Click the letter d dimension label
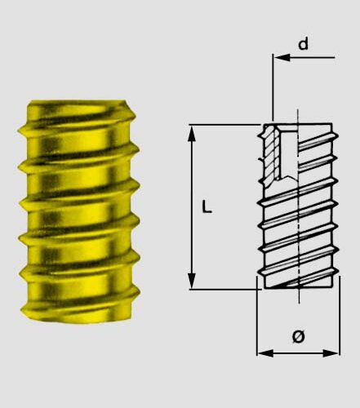click(x=303, y=44)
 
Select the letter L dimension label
click(x=207, y=207)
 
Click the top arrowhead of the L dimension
click(x=193, y=131)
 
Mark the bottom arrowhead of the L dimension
click(x=193, y=281)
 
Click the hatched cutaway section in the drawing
click(x=269, y=155)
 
